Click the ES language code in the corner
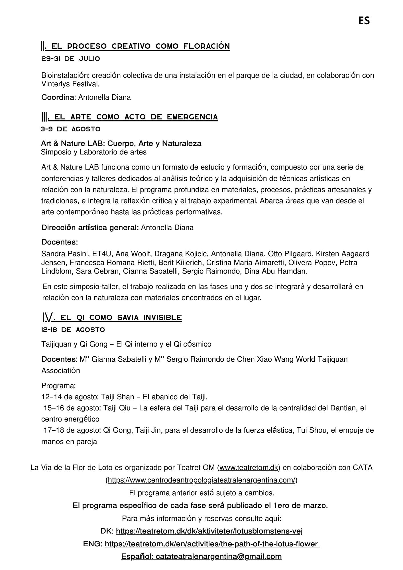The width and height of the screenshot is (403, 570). pos(364,21)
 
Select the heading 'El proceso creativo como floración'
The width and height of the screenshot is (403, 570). pos(140,46)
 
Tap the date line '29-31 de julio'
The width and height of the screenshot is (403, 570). pos(71,59)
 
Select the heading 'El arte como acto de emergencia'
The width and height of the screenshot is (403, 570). pos(136,117)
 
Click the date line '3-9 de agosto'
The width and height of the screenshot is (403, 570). pos(71,129)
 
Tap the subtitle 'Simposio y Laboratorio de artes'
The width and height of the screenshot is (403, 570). pos(94,152)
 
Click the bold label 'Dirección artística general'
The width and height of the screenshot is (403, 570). pos(90,228)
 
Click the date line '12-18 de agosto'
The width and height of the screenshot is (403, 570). pos(73,330)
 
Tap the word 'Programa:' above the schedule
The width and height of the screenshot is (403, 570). pos(59,386)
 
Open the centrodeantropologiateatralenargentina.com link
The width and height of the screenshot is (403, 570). pos(201,480)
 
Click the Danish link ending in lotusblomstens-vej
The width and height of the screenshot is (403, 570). pos(209,531)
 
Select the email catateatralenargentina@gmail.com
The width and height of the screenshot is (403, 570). pos(219,557)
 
